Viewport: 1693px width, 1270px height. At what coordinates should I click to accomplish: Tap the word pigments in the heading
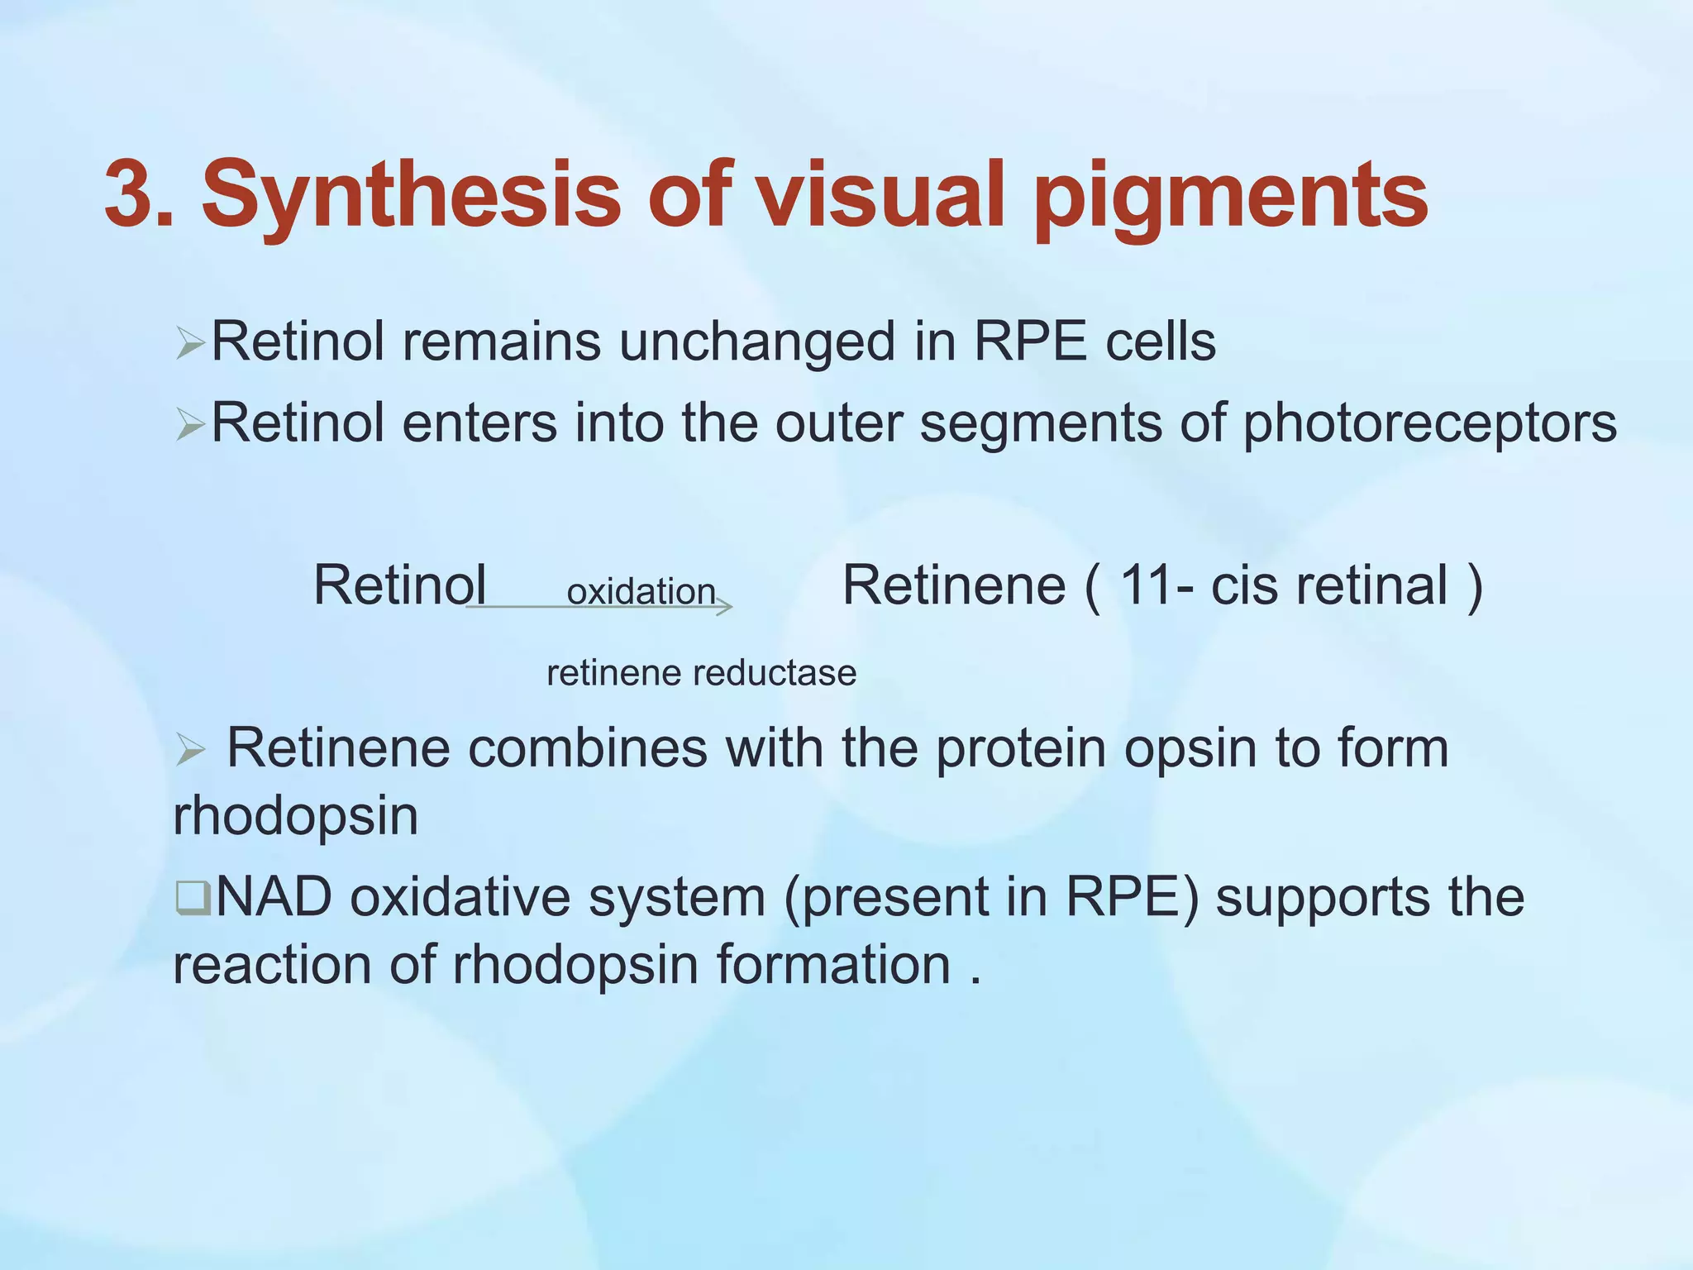[1231, 198]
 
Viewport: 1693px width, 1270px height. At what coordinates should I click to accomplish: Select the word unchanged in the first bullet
[756, 343]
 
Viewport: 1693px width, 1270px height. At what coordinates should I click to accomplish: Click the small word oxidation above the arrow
[641, 592]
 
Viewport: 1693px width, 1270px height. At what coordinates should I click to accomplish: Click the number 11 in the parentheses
[1144, 586]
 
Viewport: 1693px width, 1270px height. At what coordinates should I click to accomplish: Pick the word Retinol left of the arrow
[399, 586]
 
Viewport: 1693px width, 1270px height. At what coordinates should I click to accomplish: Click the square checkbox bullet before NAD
[191, 899]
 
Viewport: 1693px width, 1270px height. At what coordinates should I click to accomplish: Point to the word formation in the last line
[832, 966]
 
